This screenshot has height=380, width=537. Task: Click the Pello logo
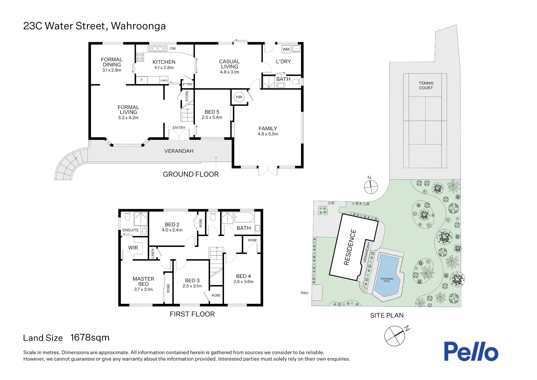coord(471,351)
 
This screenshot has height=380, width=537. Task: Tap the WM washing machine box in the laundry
coord(286,49)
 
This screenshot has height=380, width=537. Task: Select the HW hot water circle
coord(239,97)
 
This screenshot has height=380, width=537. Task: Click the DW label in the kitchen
coord(173,49)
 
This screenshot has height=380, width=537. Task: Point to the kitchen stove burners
coord(140,57)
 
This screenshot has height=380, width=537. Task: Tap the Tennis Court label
coord(426,86)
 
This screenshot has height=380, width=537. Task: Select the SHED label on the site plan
coord(304,293)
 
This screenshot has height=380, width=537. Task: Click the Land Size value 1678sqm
coord(90,337)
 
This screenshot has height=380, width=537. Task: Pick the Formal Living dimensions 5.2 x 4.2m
coord(128,118)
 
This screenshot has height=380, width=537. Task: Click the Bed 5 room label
coord(212,112)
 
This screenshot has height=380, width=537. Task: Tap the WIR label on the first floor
coord(133,248)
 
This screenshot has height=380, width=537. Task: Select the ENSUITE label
coord(130,230)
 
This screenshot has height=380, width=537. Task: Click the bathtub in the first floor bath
coord(244,217)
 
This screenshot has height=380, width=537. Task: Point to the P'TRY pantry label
coord(188,84)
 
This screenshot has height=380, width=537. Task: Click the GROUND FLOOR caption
coord(191,174)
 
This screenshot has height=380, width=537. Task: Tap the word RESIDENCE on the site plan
coord(350,247)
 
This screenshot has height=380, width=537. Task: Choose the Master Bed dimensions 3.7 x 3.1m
coord(143,289)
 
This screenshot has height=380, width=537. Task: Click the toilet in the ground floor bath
coord(296,82)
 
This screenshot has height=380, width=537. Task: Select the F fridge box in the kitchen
coord(141,80)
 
